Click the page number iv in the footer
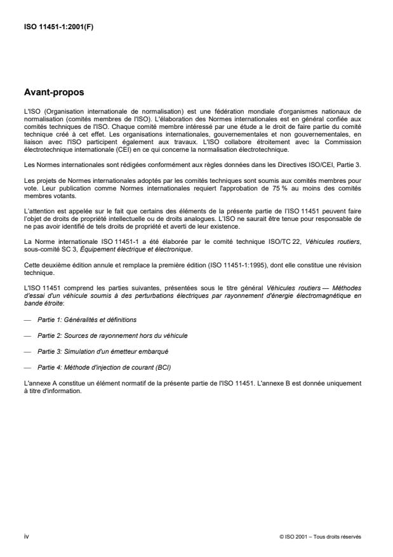coord(25,535)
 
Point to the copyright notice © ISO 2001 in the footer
coord(320,536)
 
